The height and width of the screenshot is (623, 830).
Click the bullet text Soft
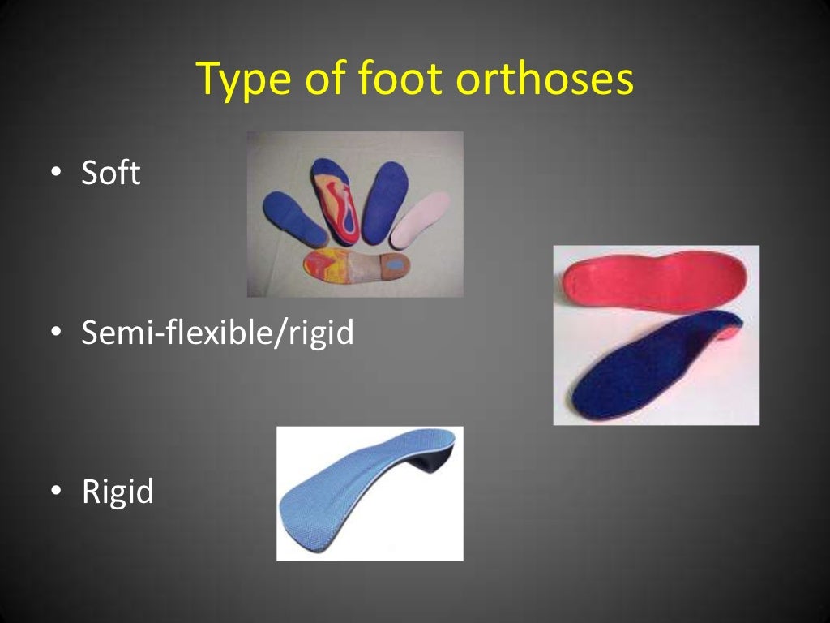[x=111, y=174]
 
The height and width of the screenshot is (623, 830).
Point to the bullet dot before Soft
[x=56, y=174]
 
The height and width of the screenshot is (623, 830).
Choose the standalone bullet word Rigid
[x=118, y=492]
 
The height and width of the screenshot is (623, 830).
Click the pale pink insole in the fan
[x=420, y=221]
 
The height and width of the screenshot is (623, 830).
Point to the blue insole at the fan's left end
[x=293, y=218]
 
